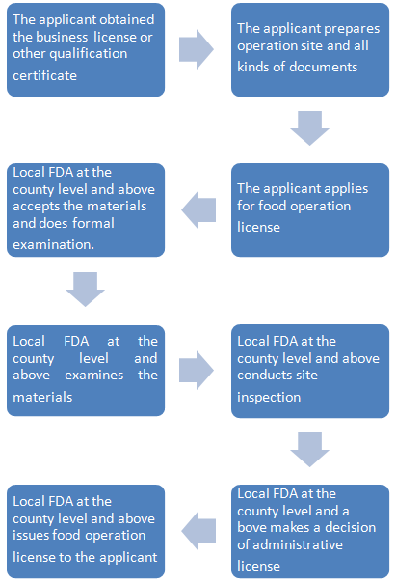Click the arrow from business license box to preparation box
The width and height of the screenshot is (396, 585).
[x=196, y=49]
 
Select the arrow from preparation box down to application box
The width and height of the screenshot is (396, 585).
[x=309, y=128]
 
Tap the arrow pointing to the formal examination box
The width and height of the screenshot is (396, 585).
[x=198, y=209]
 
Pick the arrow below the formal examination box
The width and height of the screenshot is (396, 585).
[x=86, y=290]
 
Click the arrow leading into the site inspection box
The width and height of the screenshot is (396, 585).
[x=196, y=370]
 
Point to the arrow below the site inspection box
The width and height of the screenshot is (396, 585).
[x=309, y=450]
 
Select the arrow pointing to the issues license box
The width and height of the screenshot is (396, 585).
[x=198, y=531]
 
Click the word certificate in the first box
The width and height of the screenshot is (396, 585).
[x=44, y=75]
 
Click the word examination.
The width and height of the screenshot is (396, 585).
[x=53, y=244]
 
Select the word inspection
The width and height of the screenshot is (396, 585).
[x=269, y=398]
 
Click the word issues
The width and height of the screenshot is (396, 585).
[x=31, y=535]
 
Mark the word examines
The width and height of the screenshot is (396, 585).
[x=93, y=375]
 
